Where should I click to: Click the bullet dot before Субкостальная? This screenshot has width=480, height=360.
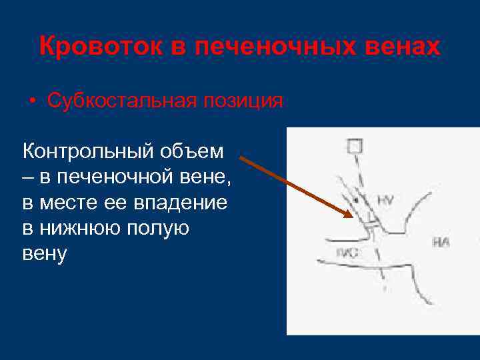coord(33,102)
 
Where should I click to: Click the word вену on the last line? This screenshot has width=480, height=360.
coord(45,253)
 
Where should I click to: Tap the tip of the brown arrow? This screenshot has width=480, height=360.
coord(351,216)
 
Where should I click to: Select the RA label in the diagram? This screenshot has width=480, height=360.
coord(441,242)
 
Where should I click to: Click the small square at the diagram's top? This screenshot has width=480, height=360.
coord(355,145)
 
